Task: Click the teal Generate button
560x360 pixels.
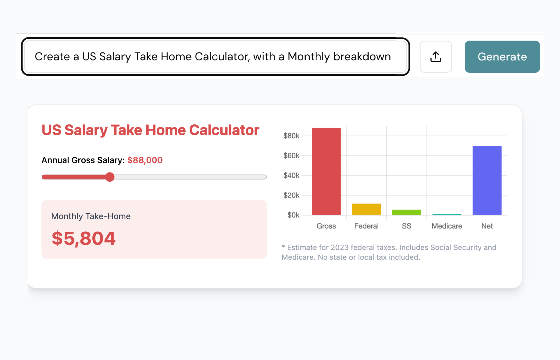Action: pyautogui.click(x=502, y=57)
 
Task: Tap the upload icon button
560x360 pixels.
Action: pyautogui.click(x=436, y=57)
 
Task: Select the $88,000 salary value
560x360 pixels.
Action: pyautogui.click(x=145, y=160)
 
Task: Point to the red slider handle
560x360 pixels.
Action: pyautogui.click(x=110, y=177)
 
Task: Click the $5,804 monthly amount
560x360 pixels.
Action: pyautogui.click(x=84, y=239)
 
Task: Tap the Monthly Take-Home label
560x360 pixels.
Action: pyautogui.click(x=91, y=216)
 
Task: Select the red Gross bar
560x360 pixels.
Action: pyautogui.click(x=326, y=171)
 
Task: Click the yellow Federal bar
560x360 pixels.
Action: pyautogui.click(x=366, y=209)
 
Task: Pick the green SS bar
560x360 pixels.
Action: pyautogui.click(x=407, y=212)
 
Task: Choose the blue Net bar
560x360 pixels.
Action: pyautogui.click(x=487, y=180)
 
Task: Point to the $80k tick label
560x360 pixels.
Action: pyautogui.click(x=291, y=136)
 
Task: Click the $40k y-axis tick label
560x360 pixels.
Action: pyautogui.click(x=291, y=176)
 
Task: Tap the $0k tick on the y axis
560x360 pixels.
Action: pyautogui.click(x=293, y=215)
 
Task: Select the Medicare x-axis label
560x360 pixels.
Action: pyautogui.click(x=447, y=226)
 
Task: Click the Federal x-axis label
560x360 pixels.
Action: pyautogui.click(x=366, y=226)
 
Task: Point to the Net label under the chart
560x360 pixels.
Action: pyautogui.click(x=487, y=226)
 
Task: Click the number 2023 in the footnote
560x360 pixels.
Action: pyautogui.click(x=340, y=247)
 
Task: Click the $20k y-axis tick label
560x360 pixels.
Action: pyautogui.click(x=291, y=195)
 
